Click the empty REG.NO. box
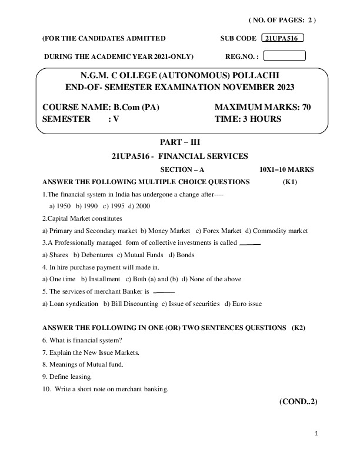click(285, 56)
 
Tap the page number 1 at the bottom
click(316, 435)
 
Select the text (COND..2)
click(298, 402)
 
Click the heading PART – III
click(180, 142)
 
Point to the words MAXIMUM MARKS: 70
click(262, 108)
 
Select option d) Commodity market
click(276, 231)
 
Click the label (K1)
click(291, 182)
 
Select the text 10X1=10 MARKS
click(286, 169)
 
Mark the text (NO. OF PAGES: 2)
click(282, 20)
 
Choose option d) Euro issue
click(243, 304)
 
